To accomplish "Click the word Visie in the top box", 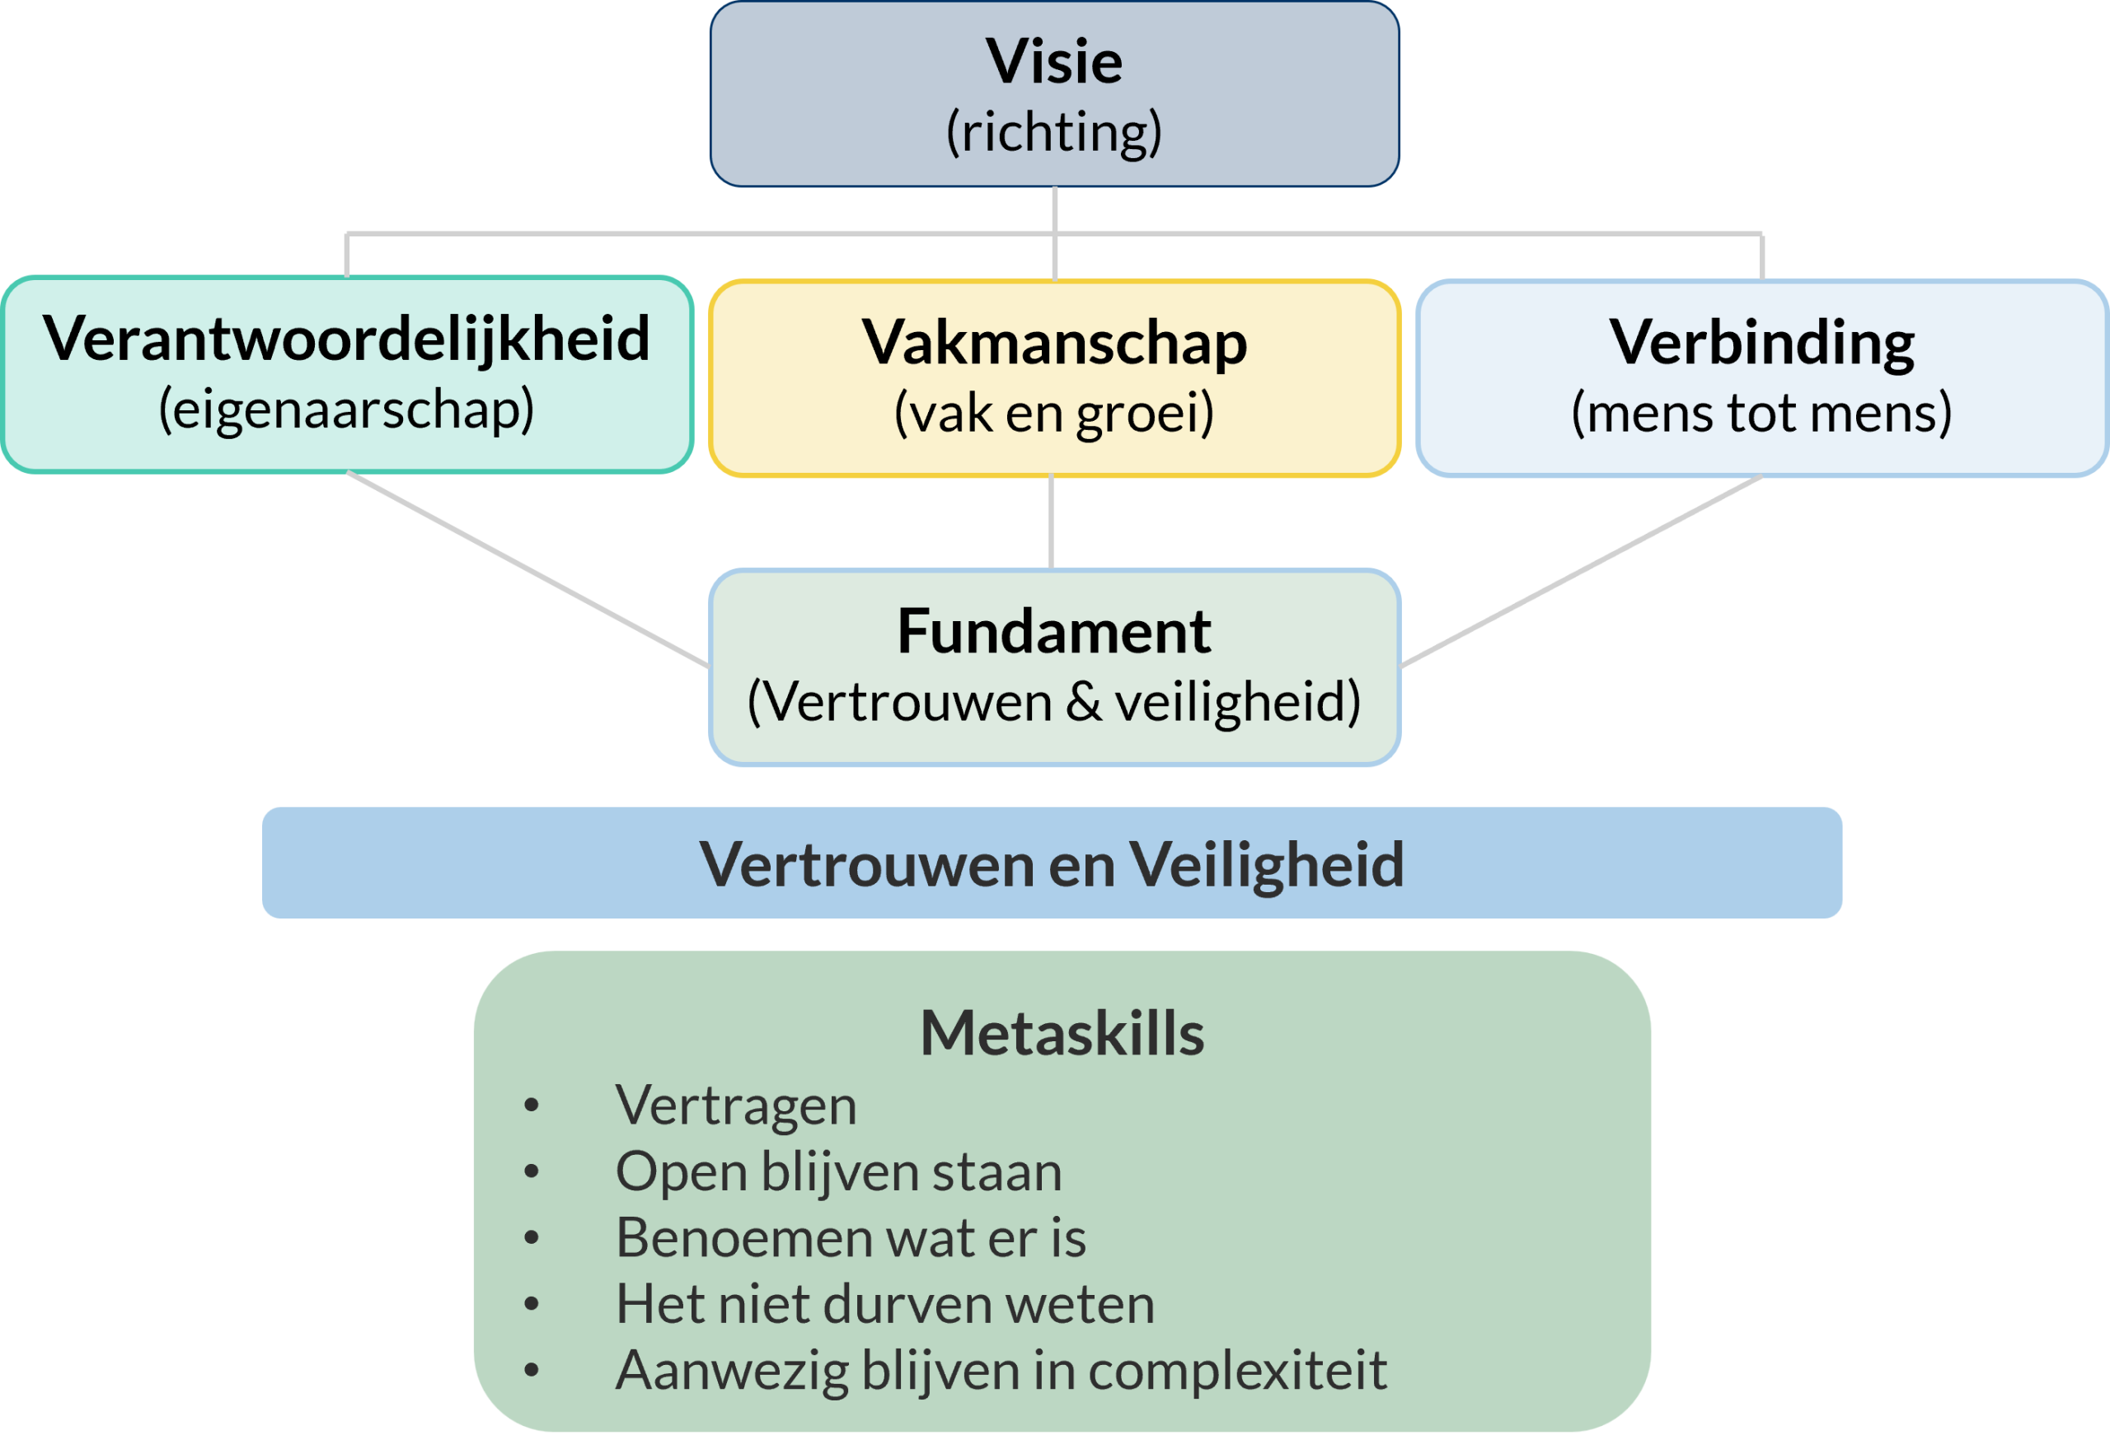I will [1054, 63].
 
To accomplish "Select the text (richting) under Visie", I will [1054, 133].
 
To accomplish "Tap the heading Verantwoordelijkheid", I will [346, 339].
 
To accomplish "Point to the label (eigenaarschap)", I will [346, 410].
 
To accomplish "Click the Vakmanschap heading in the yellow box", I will [1054, 343].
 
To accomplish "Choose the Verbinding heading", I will [1761, 343].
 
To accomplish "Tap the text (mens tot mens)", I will [1761, 413].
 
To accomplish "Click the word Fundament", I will [1054, 632].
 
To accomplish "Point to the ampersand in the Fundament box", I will [1084, 702].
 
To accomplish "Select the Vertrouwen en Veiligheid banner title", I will [1052, 864].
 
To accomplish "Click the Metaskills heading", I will [1062, 1033].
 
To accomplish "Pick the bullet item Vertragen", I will [735, 1105].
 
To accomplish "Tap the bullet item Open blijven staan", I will [838, 1171].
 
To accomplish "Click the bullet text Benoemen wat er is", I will [850, 1238].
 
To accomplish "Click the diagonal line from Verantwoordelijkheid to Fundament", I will [527, 569].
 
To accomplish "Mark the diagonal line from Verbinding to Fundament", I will [1582, 573].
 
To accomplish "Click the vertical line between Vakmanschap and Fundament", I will [1052, 523].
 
